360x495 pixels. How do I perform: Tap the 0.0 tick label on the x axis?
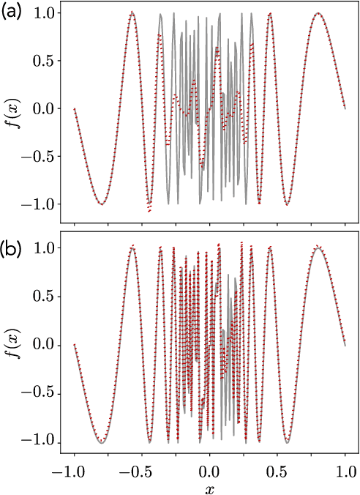[x=210, y=466]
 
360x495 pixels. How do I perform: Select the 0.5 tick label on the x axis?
[x=278, y=466]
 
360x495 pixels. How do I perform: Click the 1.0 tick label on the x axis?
[x=346, y=466]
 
